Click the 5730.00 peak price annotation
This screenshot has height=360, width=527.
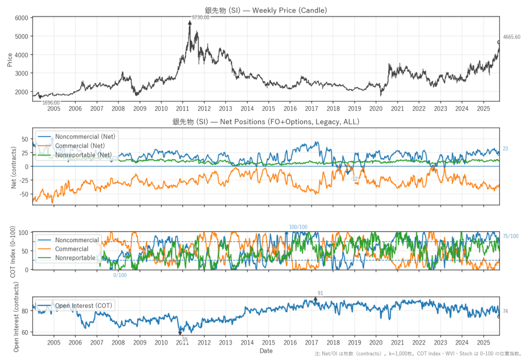point(200,18)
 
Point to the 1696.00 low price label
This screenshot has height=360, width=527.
point(50,102)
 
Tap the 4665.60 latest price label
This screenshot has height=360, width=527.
point(512,37)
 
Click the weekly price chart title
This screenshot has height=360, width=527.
point(266,10)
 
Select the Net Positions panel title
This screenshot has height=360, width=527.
point(266,122)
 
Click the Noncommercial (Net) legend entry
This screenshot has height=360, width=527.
point(85,136)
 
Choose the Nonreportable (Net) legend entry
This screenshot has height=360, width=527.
point(83,154)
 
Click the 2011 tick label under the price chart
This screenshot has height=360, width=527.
point(182,110)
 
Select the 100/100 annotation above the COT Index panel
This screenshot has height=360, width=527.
point(298,227)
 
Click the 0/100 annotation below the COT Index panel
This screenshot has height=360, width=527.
point(120,275)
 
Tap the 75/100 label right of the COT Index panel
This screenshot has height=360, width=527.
point(511,236)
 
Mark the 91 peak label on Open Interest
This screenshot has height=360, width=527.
point(320,293)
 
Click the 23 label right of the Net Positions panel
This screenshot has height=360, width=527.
point(505,149)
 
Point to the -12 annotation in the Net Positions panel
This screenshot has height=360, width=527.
point(354,179)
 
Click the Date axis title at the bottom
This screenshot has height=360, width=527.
point(266,351)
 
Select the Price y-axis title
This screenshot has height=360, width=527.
point(10,59)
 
